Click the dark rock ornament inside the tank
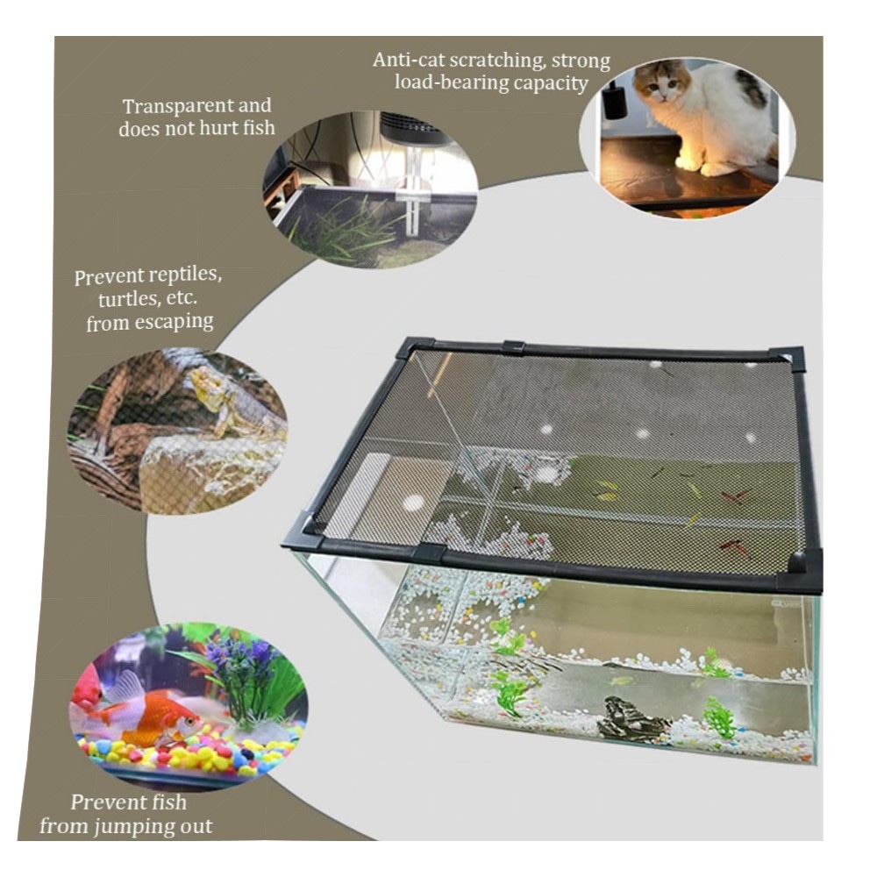coord(631,719)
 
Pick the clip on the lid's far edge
coord(514,347)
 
